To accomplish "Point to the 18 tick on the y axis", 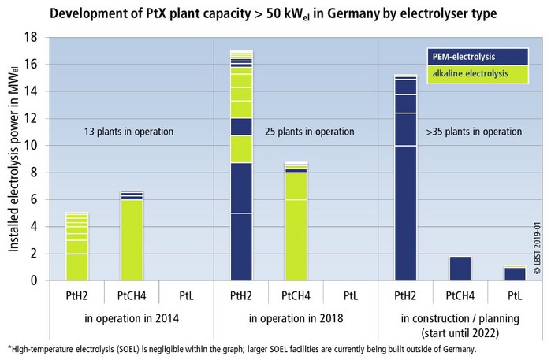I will tap(32, 37).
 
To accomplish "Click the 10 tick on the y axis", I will tap(32, 146).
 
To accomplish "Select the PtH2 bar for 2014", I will tap(76, 247).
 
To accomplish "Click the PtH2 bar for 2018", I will tap(240, 165).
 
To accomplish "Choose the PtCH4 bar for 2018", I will tap(296, 221).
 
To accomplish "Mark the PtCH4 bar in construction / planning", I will tap(460, 269).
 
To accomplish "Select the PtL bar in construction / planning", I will tap(515, 273).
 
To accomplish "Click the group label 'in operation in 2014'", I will tap(131, 318).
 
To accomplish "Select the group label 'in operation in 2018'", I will tap(296, 318).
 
